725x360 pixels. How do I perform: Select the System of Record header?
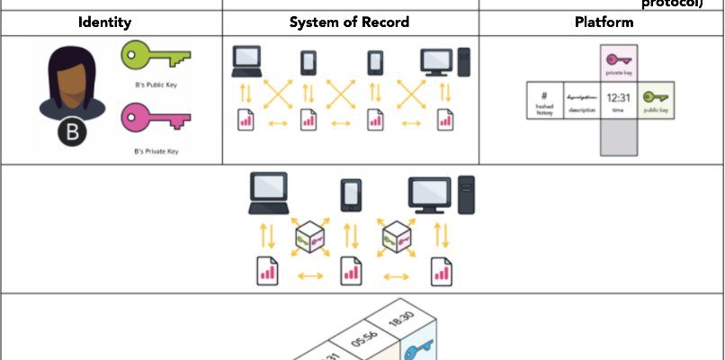(x=350, y=22)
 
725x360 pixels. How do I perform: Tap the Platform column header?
(x=601, y=22)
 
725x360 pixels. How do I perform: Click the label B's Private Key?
(x=155, y=151)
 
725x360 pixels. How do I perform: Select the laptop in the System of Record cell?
(x=246, y=60)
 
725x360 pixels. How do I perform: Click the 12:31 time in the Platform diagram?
(x=618, y=96)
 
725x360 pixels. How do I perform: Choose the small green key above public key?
(x=655, y=96)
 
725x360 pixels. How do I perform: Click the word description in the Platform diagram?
(x=581, y=110)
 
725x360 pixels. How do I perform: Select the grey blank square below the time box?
(x=618, y=137)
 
